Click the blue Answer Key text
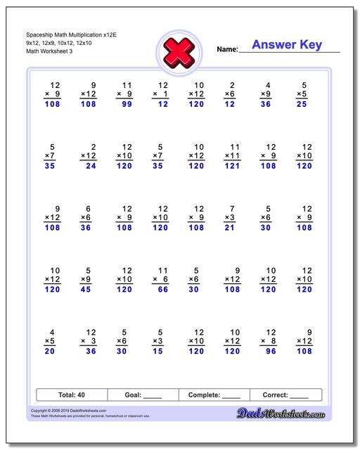(287, 45)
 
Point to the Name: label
(227, 49)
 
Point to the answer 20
(50, 352)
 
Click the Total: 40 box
(71, 394)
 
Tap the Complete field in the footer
(214, 394)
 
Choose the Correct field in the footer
(285, 394)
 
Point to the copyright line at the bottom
(63, 411)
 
